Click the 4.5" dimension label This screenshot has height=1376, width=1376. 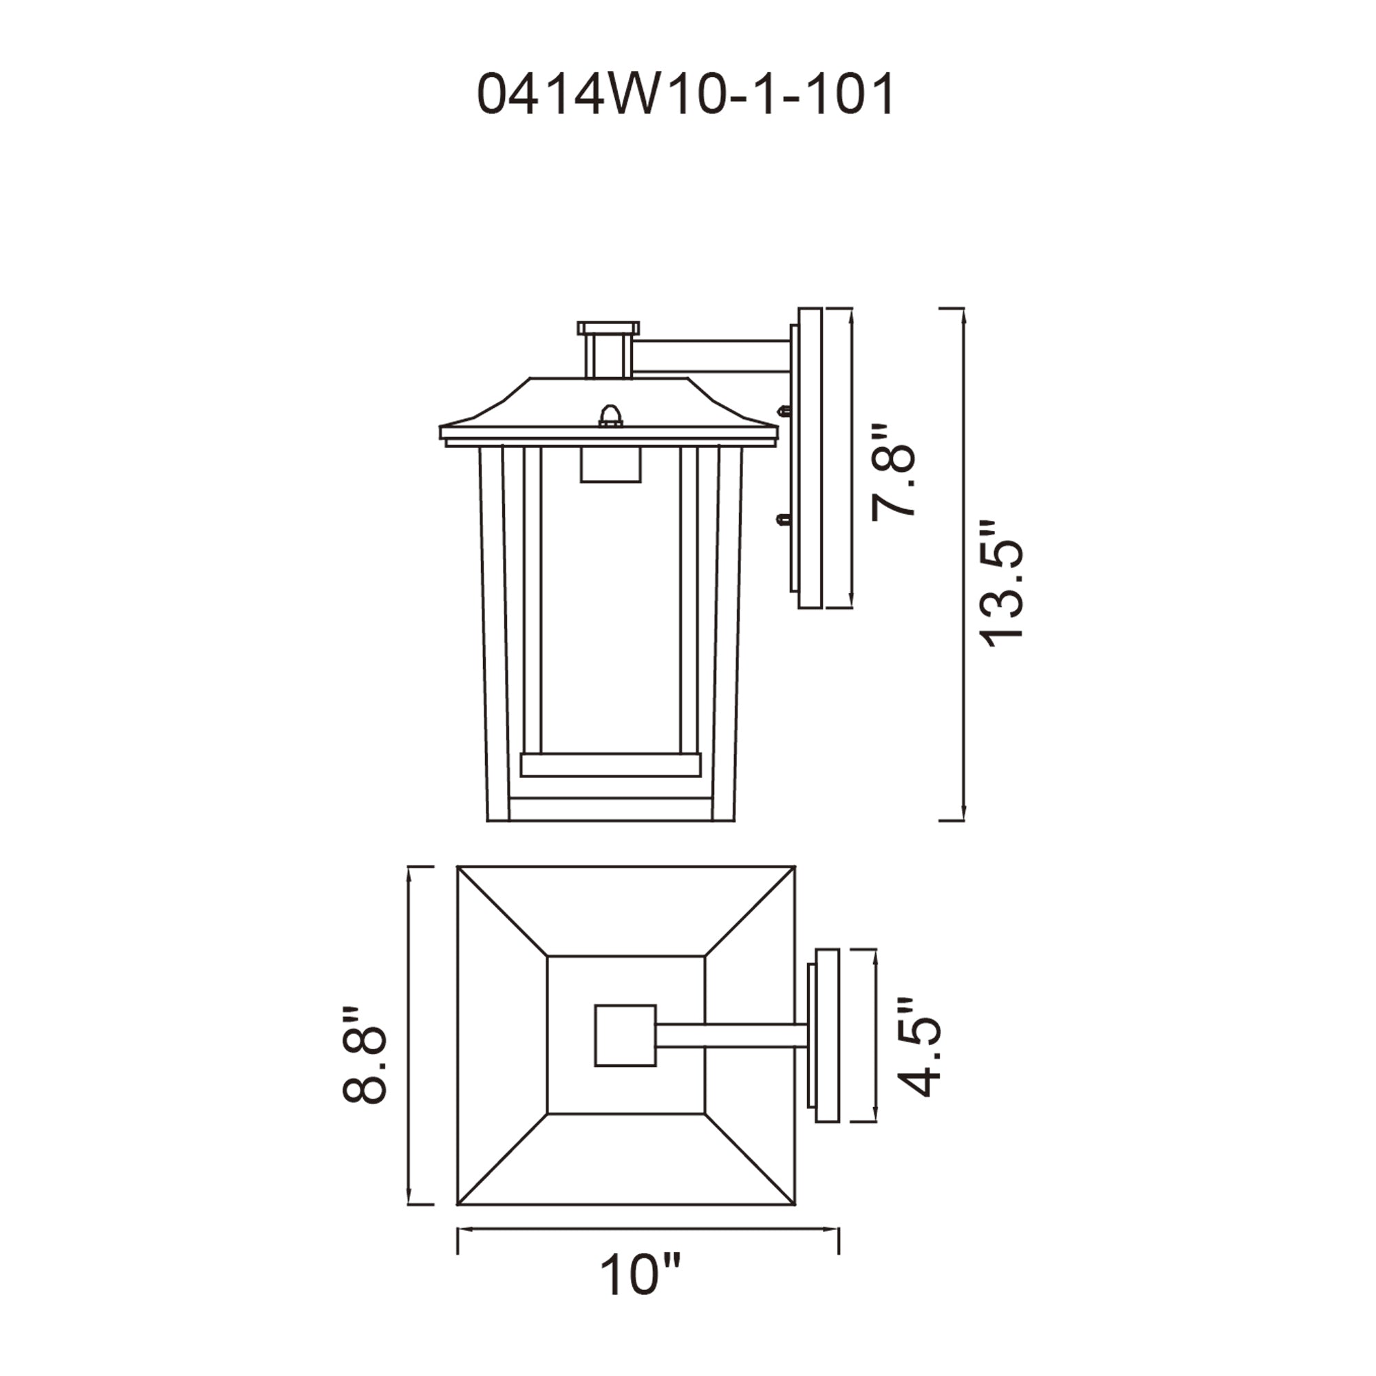click(x=918, y=1047)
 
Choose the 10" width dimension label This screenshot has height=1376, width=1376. click(x=641, y=1296)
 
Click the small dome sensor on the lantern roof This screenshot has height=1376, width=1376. click(x=610, y=416)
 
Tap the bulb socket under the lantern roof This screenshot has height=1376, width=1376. click(x=610, y=465)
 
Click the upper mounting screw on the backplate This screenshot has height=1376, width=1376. click(x=784, y=411)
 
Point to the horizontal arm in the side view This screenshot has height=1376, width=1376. click(x=712, y=356)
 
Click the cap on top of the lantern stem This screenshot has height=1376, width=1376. click(x=608, y=328)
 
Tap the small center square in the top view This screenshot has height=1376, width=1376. click(x=625, y=1035)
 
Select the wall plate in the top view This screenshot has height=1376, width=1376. click(x=826, y=1035)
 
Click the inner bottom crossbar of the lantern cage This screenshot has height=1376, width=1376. click(x=610, y=764)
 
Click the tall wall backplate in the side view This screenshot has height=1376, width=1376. click(x=810, y=458)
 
